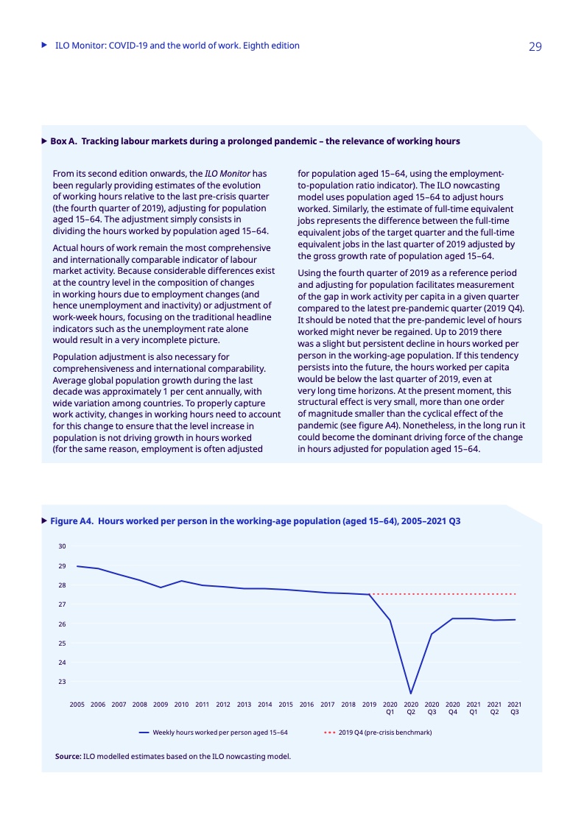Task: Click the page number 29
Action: click(x=535, y=46)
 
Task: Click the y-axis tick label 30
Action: click(x=62, y=546)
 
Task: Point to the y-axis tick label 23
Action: click(x=62, y=682)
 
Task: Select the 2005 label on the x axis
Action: click(x=77, y=705)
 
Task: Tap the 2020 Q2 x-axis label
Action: click(x=411, y=708)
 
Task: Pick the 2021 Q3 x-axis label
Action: click(x=515, y=708)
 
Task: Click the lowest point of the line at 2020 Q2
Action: click(x=411, y=693)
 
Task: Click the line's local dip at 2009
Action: click(x=161, y=587)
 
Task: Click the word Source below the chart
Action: click(x=68, y=756)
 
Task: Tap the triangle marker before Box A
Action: click(x=44, y=141)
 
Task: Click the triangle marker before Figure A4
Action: click(x=44, y=521)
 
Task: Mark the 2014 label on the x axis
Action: click(x=265, y=705)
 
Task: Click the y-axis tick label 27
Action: click(x=62, y=604)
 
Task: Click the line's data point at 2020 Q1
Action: click(x=390, y=621)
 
